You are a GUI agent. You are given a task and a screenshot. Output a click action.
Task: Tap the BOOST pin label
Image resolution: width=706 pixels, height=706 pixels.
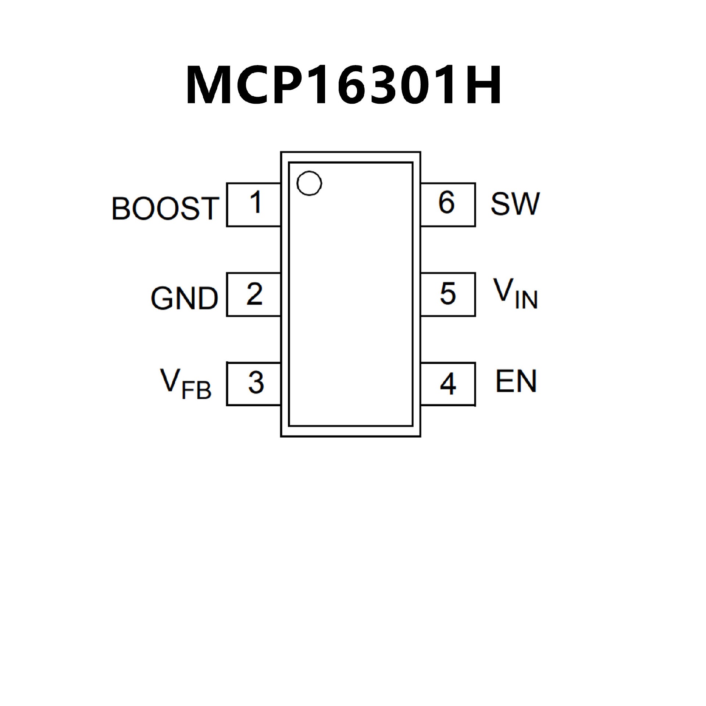click(x=165, y=208)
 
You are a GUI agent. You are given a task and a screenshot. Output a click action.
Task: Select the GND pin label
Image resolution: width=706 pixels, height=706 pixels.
click(x=185, y=298)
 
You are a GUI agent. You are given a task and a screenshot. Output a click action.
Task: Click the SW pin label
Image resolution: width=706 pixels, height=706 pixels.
click(x=515, y=204)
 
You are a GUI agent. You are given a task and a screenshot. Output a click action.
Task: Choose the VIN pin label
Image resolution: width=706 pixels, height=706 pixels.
click(x=515, y=294)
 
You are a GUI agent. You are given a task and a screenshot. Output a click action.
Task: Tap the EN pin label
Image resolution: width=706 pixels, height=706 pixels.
click(x=516, y=381)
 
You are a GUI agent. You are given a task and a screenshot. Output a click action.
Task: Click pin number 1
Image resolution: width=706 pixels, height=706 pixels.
click(x=255, y=202)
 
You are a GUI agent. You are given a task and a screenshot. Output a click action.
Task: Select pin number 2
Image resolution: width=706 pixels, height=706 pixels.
click(x=254, y=294)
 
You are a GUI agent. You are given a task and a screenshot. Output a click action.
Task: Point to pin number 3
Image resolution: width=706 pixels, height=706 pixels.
click(x=256, y=383)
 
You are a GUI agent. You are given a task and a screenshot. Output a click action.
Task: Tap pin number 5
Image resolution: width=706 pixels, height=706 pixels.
click(x=448, y=294)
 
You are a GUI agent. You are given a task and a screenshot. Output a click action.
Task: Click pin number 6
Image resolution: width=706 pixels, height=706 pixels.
click(x=446, y=202)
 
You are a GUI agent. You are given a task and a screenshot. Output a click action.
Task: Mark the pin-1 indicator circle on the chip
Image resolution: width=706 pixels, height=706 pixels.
click(x=309, y=183)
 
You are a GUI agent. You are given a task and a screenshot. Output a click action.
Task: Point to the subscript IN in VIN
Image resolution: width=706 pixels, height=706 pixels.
click(x=526, y=300)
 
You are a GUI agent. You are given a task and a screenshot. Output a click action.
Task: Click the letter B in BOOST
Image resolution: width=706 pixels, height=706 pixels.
click(x=121, y=208)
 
